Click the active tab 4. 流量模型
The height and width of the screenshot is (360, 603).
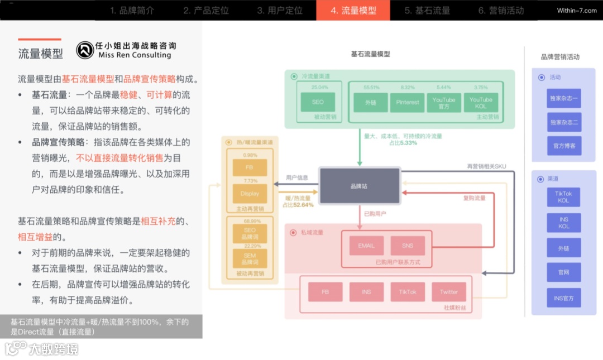353,11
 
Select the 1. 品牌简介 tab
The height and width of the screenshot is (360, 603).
132,11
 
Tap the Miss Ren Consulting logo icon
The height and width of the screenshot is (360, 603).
85,50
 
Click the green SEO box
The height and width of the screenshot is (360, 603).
317,102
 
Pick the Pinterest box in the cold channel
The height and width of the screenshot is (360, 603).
408,103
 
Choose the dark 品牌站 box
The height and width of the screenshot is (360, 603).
360,186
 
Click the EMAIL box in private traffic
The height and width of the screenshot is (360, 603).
366,246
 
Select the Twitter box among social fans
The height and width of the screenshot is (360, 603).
448,292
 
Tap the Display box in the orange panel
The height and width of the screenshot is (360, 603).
250,194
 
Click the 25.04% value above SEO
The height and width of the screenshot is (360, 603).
320,88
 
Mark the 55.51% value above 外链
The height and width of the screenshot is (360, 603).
371,88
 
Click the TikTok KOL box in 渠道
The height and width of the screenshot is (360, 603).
563,197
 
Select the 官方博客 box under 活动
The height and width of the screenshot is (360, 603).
563,146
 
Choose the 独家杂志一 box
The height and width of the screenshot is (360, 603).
563,98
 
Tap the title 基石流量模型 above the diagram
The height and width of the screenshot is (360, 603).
370,54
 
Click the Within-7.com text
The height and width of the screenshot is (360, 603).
576,11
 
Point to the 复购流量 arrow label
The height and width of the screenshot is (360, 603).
474,198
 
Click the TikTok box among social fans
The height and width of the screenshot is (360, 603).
408,292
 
